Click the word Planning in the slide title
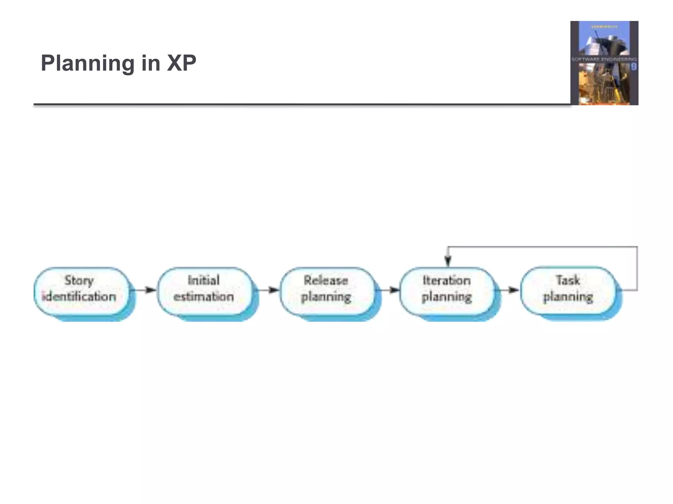(87, 63)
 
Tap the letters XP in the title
(181, 63)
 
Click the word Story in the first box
(79, 281)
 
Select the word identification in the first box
(79, 297)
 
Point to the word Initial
(204, 281)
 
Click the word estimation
(204, 297)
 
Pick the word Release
(326, 281)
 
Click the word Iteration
(447, 281)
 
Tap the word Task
(568, 281)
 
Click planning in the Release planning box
(326, 297)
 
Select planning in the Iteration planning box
(447, 297)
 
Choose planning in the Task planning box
(568, 297)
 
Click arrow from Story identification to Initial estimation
(145, 290)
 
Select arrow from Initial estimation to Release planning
(268, 290)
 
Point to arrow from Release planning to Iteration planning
(389, 290)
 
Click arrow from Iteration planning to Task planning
(509, 290)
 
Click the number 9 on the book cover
(634, 67)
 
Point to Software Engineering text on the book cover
(604, 59)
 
